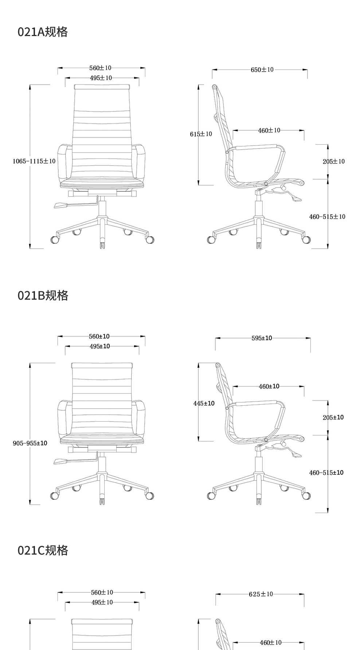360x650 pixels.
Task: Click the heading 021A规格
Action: coord(43,32)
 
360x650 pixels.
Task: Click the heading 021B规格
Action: coord(43,295)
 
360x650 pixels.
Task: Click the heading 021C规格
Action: coord(43,550)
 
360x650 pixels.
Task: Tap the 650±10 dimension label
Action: coord(262,70)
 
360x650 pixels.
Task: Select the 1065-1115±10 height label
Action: coord(34,161)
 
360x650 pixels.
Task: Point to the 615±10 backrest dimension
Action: coord(201,134)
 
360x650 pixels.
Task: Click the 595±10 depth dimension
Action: coord(262,338)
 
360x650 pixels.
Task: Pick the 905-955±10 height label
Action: coord(30,443)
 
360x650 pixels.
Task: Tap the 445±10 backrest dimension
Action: coord(204,403)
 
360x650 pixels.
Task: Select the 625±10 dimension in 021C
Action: coord(261,594)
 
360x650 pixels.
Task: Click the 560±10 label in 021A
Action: coord(100,68)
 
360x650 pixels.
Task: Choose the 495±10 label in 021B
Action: coord(100,346)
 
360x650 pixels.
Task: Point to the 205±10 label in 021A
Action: coord(333,161)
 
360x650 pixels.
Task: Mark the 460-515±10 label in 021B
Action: coord(326,473)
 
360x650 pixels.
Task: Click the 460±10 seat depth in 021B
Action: coord(269,386)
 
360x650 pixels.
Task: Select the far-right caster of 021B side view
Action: coord(306,496)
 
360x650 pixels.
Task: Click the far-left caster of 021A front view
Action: coord(55,240)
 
